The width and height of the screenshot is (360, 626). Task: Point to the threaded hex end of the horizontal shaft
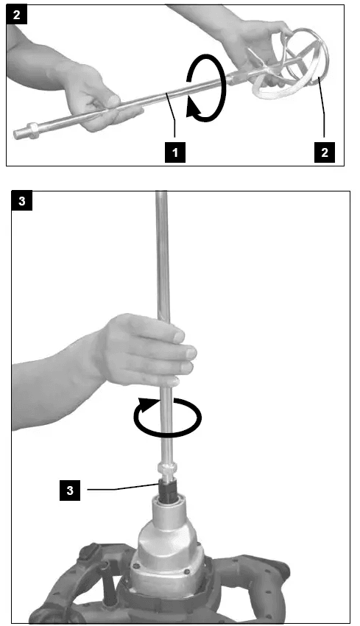(x=29, y=135)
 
